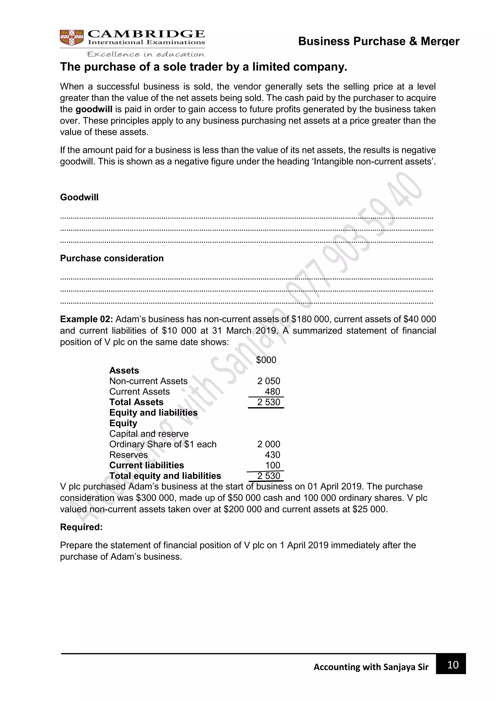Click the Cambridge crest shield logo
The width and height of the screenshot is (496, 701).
71,38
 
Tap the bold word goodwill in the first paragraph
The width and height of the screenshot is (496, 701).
94,109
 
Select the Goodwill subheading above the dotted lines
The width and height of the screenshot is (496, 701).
79,197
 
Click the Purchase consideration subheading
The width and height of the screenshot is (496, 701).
112,258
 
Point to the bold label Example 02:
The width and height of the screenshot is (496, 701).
86,319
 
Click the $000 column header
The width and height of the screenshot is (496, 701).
266,360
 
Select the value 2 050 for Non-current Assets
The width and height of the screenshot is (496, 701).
268,381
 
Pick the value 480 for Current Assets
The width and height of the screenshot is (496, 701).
272,391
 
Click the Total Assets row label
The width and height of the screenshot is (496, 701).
136,402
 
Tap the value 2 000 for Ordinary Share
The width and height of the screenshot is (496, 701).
268,444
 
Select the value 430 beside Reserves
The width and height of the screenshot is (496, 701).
272,455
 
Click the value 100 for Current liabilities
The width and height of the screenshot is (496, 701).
272,465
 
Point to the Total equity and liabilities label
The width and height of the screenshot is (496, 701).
165,476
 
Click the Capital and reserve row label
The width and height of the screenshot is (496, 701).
149,434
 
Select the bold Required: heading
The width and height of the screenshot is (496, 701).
81,527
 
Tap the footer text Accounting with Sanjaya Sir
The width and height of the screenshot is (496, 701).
371,667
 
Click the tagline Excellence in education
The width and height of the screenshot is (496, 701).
145,54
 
